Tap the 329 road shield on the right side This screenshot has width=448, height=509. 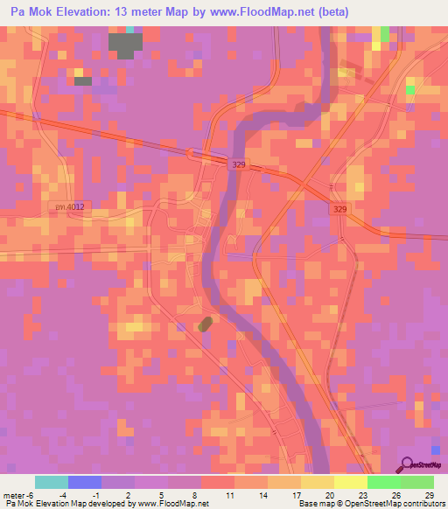(x=340, y=209)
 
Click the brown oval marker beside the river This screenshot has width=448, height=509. (x=206, y=324)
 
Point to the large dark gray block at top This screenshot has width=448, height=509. (x=124, y=44)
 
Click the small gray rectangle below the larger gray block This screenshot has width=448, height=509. (x=83, y=81)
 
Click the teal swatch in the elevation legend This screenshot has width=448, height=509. (x=52, y=482)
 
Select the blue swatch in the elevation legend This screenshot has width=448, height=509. (x=85, y=482)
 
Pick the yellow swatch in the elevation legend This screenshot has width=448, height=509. (x=350, y=482)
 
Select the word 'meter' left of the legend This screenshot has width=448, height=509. (x=13, y=495)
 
